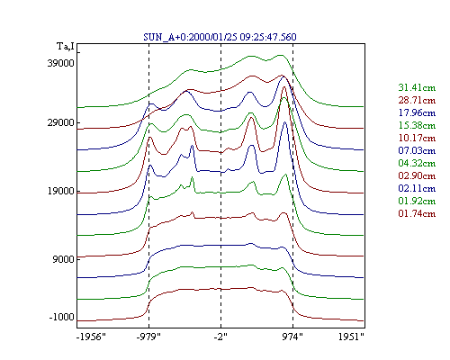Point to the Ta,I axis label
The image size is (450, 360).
tap(66, 47)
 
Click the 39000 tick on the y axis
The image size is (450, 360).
tap(60, 63)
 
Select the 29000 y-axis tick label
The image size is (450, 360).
tap(60, 122)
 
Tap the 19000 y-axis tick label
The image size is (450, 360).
tap(60, 191)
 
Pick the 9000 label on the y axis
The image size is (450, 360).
tap(63, 259)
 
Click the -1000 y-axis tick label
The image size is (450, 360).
tap(61, 317)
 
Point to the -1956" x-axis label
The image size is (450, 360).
tap(91, 337)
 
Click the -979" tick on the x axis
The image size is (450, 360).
tap(148, 337)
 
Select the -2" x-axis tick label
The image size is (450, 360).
tap(220, 337)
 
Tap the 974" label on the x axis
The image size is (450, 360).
tap(292, 337)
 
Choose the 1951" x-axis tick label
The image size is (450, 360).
tap(351, 337)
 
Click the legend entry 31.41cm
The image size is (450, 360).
tap(417, 87)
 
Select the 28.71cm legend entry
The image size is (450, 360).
tap(417, 100)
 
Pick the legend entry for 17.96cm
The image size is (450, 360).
tap(417, 112)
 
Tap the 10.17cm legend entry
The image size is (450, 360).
tap(417, 138)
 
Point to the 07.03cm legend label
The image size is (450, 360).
tap(417, 150)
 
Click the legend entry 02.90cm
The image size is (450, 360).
tap(417, 175)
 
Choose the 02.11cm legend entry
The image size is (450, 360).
tap(417, 188)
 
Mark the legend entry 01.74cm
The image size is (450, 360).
tap(417, 213)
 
